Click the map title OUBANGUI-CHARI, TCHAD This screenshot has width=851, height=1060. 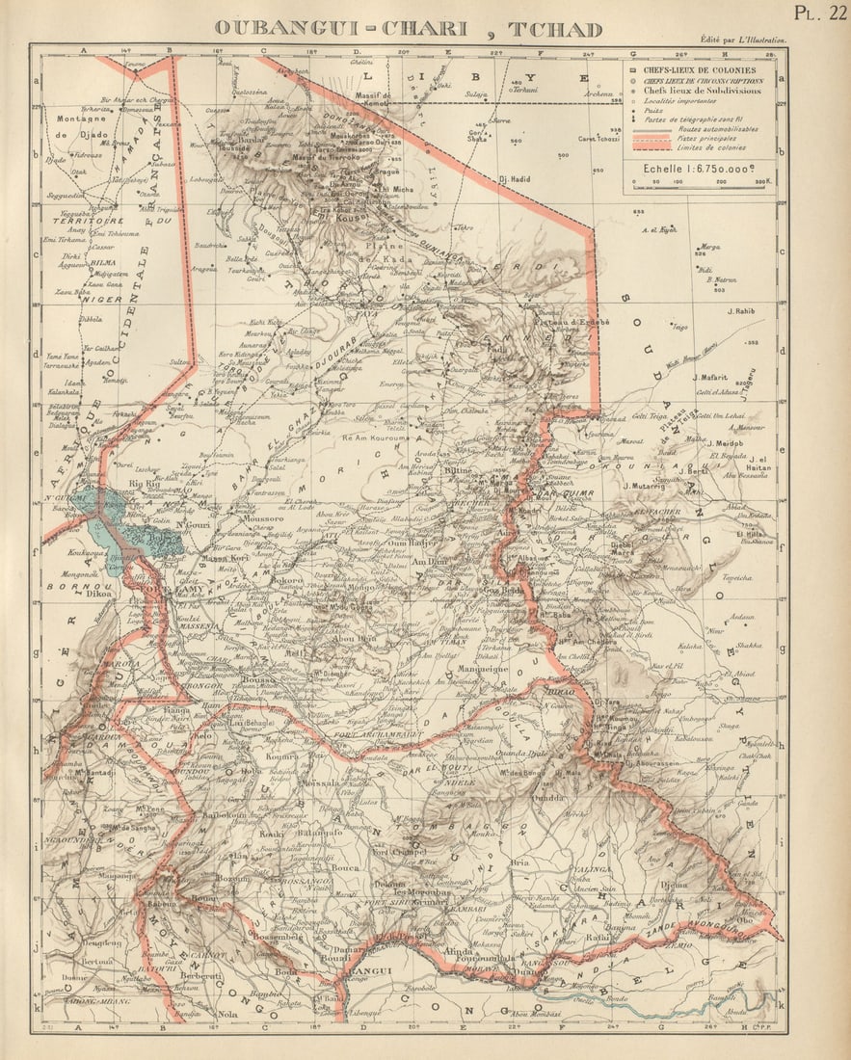[x=408, y=29]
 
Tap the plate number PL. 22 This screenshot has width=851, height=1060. [x=819, y=13]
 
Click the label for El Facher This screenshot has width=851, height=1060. [x=659, y=511]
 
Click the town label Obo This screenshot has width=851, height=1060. [x=746, y=919]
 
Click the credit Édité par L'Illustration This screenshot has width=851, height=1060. [x=742, y=40]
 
